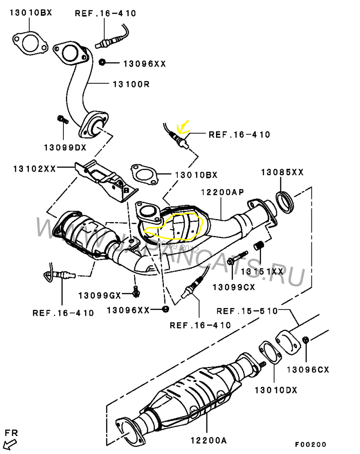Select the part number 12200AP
pos(222,192)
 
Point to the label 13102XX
pos(34,169)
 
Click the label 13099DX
pos(65,147)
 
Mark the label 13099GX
pos(99,295)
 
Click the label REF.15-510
pos(247,311)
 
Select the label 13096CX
pos(308,370)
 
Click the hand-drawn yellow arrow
pos(183,127)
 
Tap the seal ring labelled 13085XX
pos(284,201)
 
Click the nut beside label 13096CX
pos(306,339)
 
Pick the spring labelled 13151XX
pos(259,246)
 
